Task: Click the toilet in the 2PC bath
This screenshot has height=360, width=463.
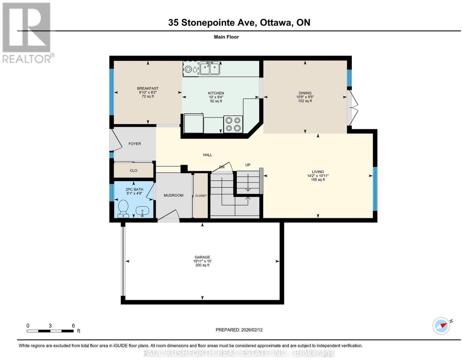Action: tap(123, 209)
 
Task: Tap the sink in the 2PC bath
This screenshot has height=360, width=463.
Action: tap(142, 212)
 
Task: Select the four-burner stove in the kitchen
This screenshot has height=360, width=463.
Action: tap(233, 124)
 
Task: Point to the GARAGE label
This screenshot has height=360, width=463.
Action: tap(202, 257)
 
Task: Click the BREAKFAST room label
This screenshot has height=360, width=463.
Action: tap(148, 88)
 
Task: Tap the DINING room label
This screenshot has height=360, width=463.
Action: tap(305, 93)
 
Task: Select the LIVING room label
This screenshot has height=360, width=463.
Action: tap(318, 171)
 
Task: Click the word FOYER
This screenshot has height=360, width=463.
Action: tap(135, 144)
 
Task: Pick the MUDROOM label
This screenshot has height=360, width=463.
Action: tap(173, 195)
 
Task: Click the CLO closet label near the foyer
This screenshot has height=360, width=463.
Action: tap(133, 171)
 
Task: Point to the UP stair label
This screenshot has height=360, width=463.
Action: tap(248, 165)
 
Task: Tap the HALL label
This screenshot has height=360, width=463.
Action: tap(207, 155)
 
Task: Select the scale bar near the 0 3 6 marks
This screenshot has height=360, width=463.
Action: tap(50, 331)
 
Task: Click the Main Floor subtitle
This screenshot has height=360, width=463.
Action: tap(226, 37)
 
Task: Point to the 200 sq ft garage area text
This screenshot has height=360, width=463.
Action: tap(202, 265)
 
